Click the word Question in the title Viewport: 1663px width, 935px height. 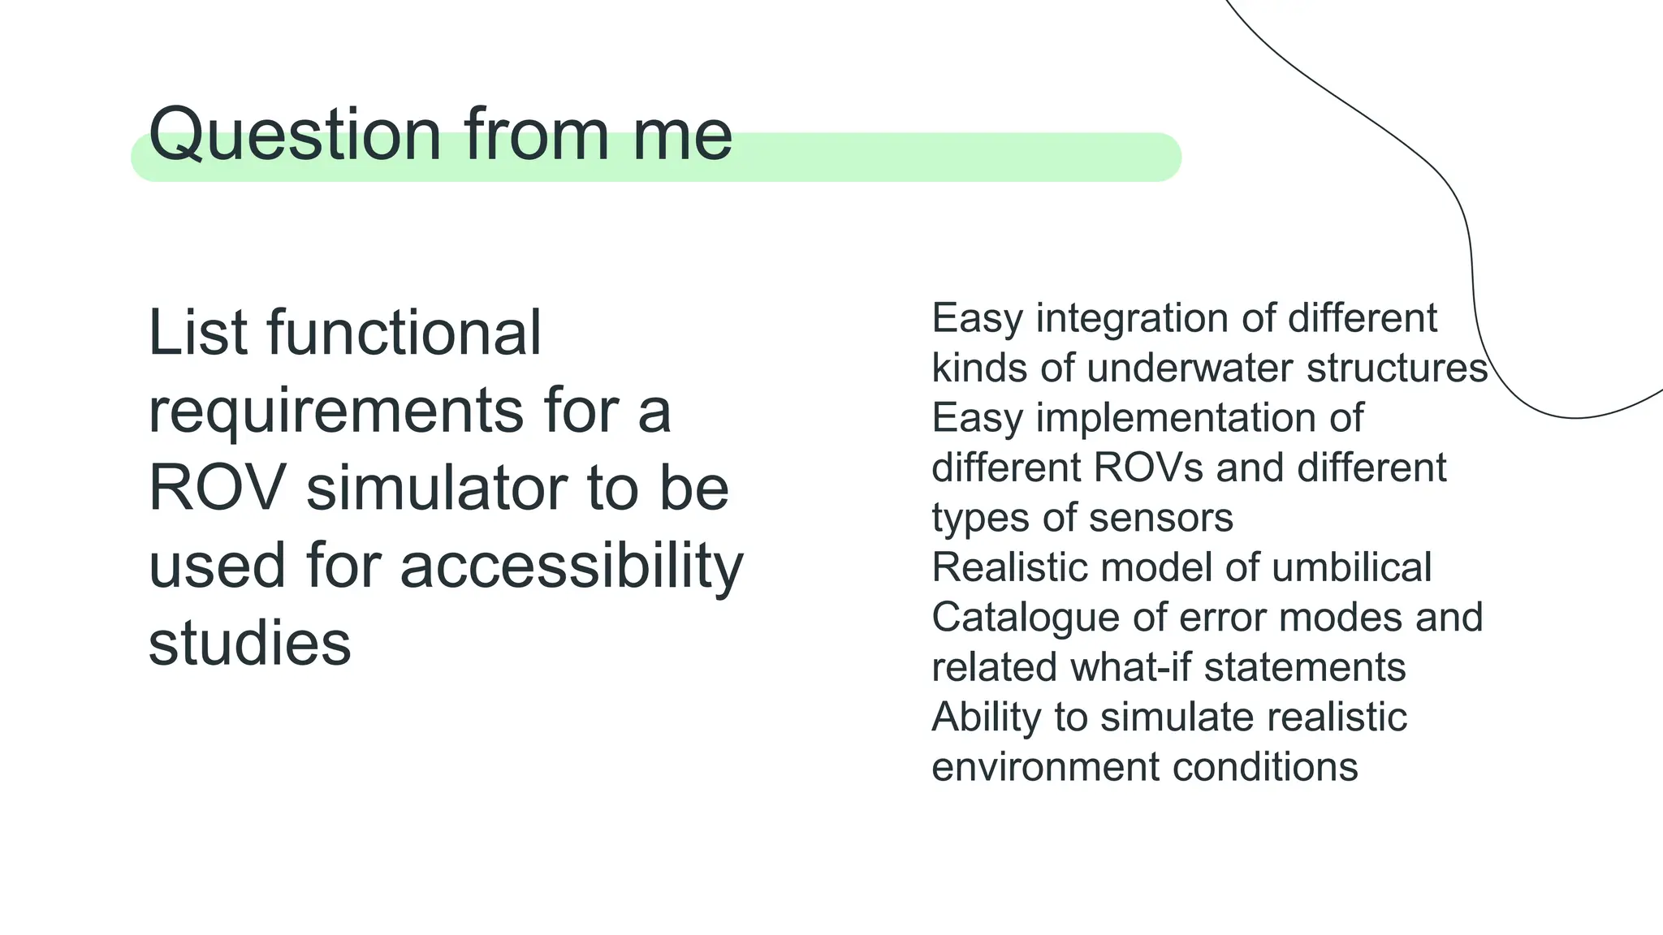(295, 135)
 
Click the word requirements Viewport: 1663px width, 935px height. (335, 411)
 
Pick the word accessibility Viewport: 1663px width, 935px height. (572, 566)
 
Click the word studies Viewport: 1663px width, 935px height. (249, 643)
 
